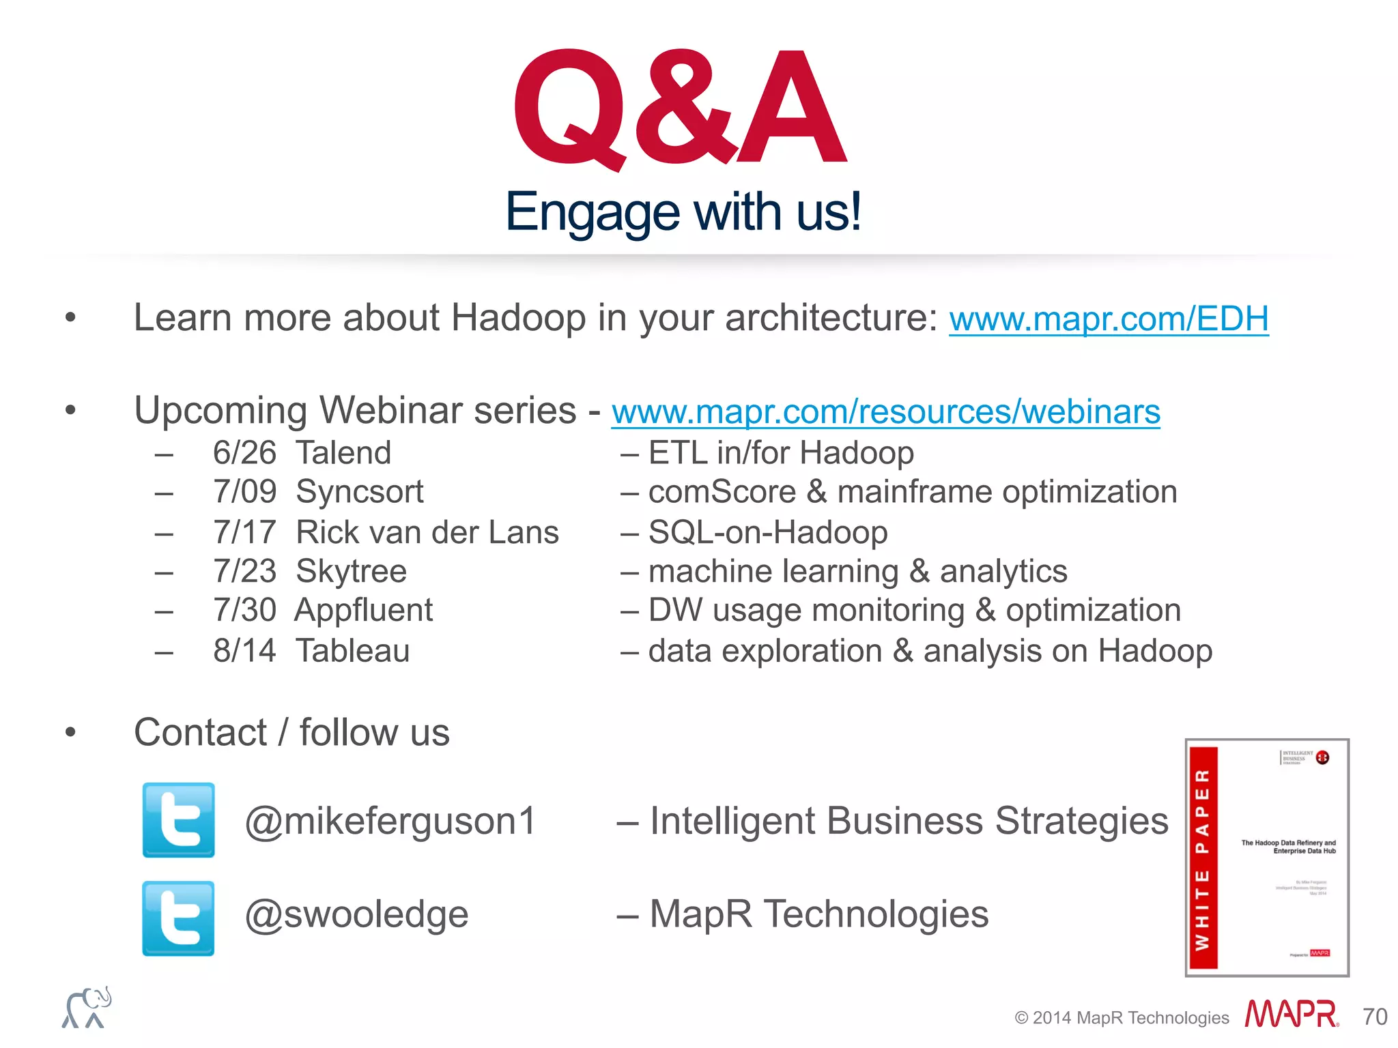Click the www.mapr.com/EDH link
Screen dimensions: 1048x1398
(1109, 319)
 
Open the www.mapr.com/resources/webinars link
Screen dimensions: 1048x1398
(885, 411)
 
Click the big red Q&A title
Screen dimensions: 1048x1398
(680, 109)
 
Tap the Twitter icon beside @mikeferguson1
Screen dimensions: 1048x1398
(179, 820)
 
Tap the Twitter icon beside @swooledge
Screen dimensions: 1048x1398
(179, 918)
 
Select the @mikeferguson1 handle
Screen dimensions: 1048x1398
(390, 821)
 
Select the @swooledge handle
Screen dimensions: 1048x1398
(356, 914)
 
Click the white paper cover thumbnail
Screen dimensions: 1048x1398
(1267, 858)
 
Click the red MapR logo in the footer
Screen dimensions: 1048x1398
(1291, 1015)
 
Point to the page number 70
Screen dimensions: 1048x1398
(1375, 1017)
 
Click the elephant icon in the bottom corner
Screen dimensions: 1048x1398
(87, 1008)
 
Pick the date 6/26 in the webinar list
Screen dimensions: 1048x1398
(244, 453)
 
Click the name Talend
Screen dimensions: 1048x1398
(343, 453)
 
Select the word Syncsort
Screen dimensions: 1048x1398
(360, 492)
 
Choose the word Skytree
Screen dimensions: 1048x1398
(352, 571)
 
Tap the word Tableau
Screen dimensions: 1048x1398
(352, 651)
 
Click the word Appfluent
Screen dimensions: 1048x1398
(364, 610)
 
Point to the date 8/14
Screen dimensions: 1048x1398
(244, 651)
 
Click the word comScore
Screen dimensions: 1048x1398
(722, 492)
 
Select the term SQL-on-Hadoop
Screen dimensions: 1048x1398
(768, 532)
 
